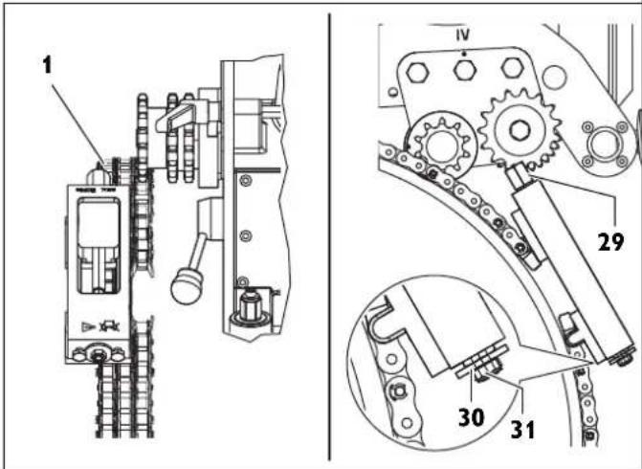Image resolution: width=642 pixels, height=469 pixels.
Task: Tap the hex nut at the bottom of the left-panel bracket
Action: (x=252, y=309)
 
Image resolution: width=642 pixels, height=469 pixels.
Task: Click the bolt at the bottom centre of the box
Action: (x=97, y=356)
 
